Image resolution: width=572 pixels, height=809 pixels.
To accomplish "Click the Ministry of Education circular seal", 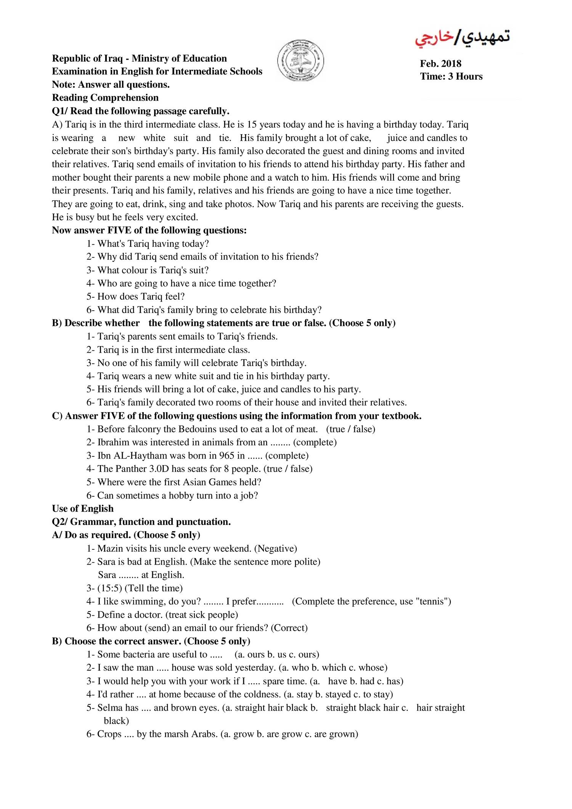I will pyautogui.click(x=301, y=61).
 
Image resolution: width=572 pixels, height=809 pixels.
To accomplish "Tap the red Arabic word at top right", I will pyautogui.click(x=434, y=38).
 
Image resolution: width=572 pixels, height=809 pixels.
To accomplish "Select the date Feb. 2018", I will pyautogui.click(x=440, y=64).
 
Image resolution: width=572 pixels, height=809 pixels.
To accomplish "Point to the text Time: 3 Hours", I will pyautogui.click(x=451, y=77).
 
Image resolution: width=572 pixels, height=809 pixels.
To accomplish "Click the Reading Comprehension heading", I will pyautogui.click(x=105, y=98).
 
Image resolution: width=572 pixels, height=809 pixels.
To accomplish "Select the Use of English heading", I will pyautogui.click(x=83, y=509).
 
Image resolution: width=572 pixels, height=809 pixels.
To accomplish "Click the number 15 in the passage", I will pyautogui.click(x=252, y=125).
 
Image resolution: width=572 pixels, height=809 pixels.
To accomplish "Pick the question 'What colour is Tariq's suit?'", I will pyautogui.click(x=153, y=270).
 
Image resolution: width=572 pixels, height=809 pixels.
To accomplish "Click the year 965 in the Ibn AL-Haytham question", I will pyautogui.click(x=227, y=456).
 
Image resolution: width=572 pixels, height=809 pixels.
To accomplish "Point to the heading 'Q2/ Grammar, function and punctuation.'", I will pyautogui.click(x=141, y=522).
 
